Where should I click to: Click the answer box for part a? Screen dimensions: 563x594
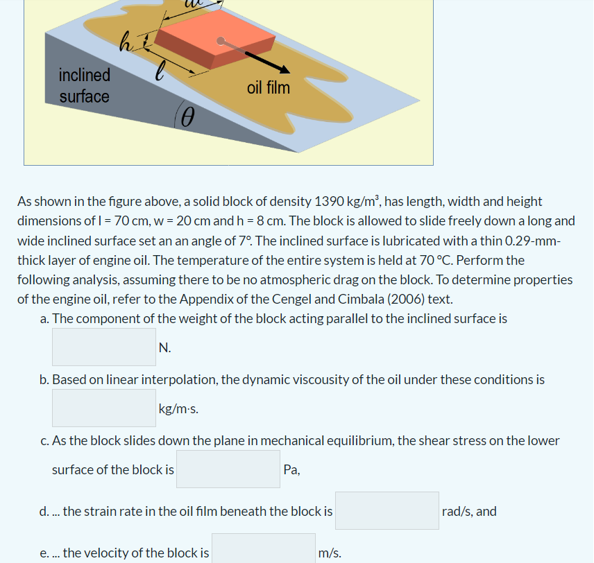pos(104,347)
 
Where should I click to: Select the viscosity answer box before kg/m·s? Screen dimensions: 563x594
pos(104,408)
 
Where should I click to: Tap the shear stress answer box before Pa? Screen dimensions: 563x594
pos(228,469)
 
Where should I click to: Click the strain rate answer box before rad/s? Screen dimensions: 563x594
pos(387,511)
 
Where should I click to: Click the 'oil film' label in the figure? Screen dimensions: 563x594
pos(268,88)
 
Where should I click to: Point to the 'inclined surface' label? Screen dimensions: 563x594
pos(84,85)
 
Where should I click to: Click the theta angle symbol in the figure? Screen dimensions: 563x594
pos(185,119)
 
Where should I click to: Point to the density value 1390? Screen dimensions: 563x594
pos(330,202)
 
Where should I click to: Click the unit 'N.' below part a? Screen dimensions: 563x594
pos(164,347)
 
